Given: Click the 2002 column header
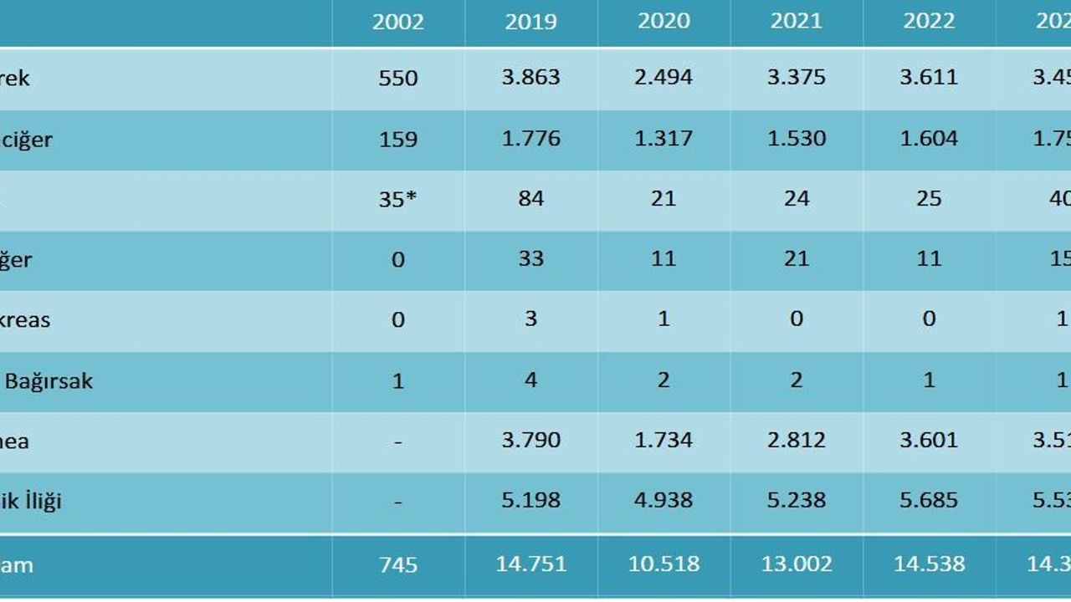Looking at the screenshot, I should (x=398, y=22).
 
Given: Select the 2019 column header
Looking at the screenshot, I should (x=530, y=22).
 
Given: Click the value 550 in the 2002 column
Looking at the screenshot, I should (x=398, y=78).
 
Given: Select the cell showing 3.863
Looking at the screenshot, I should (x=530, y=78).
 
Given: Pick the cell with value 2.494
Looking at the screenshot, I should (x=664, y=78).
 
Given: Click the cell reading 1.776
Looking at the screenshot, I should (x=530, y=138).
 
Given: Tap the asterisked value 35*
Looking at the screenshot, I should (x=398, y=199).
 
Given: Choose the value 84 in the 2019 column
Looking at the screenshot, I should (x=530, y=199).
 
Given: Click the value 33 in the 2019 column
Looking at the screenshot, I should (x=530, y=259).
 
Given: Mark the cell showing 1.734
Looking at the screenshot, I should (x=664, y=441).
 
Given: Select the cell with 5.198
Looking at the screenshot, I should (x=530, y=501).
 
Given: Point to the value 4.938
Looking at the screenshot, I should (x=664, y=501).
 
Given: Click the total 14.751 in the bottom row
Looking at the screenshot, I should (x=530, y=564).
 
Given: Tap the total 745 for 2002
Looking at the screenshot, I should (x=398, y=564).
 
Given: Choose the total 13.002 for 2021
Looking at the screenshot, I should (x=796, y=564).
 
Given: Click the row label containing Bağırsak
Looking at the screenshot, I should (x=49, y=381).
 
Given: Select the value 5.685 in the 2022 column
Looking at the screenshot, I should (x=929, y=501).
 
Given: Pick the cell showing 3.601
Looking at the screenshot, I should (x=929, y=441).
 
